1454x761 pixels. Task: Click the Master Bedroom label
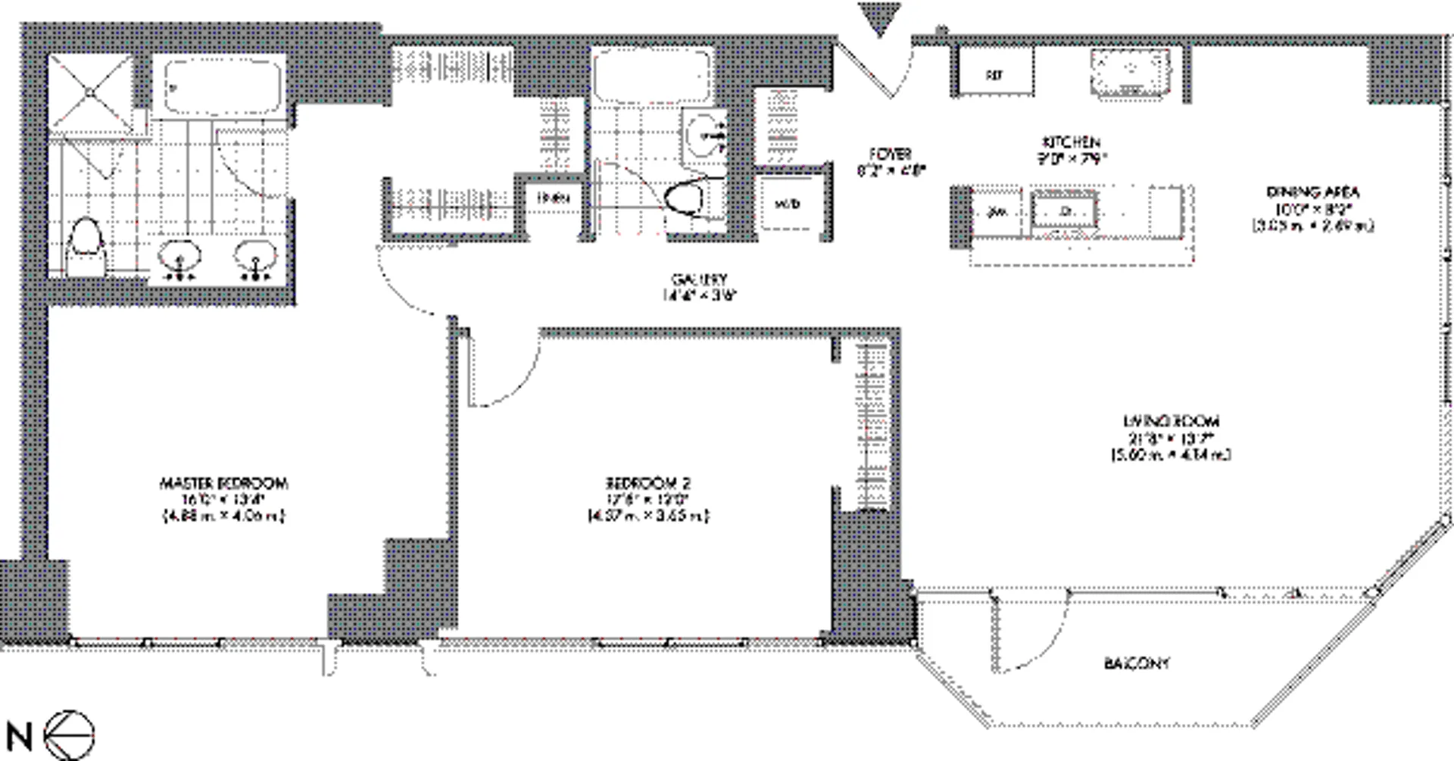tap(223, 483)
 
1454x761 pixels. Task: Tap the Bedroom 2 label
tap(648, 483)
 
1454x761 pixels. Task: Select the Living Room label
tap(1171, 421)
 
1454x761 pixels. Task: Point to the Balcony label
tap(1137, 664)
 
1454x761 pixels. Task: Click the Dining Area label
tap(1312, 192)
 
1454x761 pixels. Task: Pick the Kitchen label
tap(1071, 142)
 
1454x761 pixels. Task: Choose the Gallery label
tap(699, 279)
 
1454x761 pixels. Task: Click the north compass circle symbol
tap(70, 735)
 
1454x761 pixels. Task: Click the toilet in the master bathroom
tap(85, 246)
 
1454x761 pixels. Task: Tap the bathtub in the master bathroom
tap(223, 87)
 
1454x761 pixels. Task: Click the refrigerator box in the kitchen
tap(994, 74)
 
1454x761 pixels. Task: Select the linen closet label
tap(553, 198)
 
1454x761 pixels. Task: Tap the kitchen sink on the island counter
tap(1065, 210)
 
